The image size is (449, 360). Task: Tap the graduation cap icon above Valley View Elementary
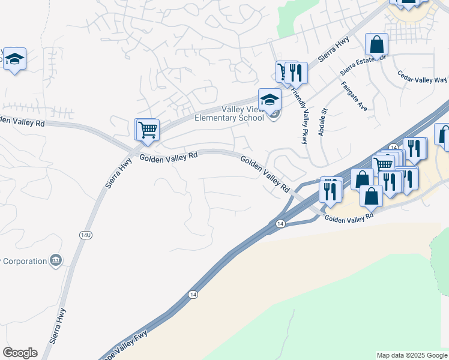click(x=270, y=99)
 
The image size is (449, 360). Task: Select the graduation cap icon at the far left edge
click(x=14, y=59)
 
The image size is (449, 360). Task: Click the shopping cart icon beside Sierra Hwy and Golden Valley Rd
click(x=147, y=129)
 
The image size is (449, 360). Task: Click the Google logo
click(x=20, y=353)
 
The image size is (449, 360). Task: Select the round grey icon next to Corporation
click(x=56, y=260)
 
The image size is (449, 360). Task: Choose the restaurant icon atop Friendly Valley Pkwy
click(x=295, y=73)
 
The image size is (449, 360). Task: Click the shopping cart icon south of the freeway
click(x=382, y=164)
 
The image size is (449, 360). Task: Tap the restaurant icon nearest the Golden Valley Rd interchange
click(x=330, y=188)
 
